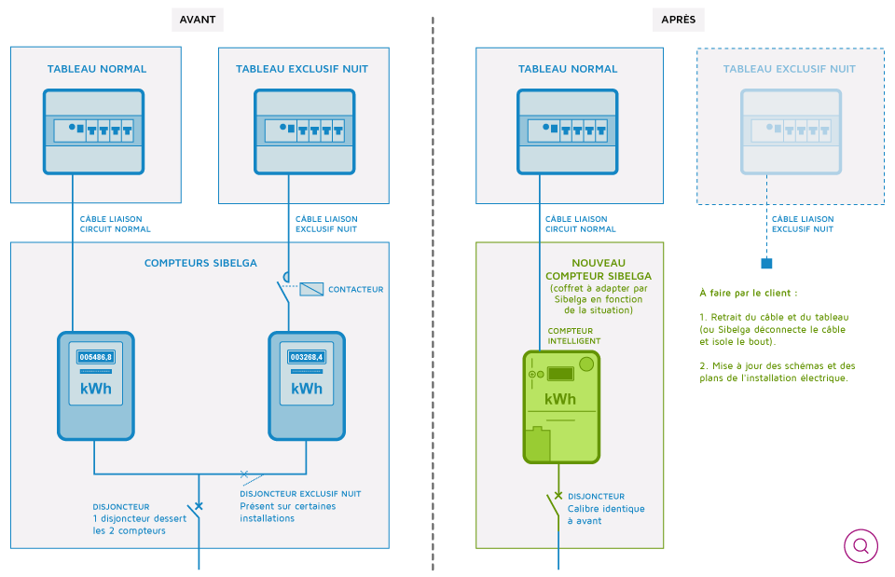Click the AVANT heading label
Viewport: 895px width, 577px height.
[x=198, y=20]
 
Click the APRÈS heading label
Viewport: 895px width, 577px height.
[x=678, y=20]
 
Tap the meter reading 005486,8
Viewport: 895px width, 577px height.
[x=96, y=357]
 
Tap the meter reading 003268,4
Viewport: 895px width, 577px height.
[x=307, y=357]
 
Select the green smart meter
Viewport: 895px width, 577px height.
[x=561, y=406]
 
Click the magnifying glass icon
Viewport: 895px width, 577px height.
[x=861, y=545]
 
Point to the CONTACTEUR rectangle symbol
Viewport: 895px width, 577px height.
[x=311, y=289]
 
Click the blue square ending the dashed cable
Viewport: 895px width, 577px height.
[x=766, y=263]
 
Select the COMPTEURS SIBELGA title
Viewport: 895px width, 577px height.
[x=200, y=263]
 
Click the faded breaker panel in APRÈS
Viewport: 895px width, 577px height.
[x=792, y=131]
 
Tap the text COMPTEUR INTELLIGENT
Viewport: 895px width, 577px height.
[x=574, y=336]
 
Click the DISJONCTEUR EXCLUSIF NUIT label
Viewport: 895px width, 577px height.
[x=300, y=494]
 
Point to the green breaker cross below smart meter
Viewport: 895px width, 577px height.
[x=558, y=495]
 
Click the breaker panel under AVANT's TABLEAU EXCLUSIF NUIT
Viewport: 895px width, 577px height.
[x=305, y=131]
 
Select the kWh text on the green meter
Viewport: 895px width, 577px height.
[x=560, y=399]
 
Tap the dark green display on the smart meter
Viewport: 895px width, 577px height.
[x=560, y=374]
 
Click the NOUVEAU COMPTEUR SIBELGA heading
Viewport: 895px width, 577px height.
[x=599, y=269]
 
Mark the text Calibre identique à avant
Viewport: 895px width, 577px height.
[x=606, y=515]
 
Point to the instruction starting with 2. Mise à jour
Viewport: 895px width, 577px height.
[x=778, y=372]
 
